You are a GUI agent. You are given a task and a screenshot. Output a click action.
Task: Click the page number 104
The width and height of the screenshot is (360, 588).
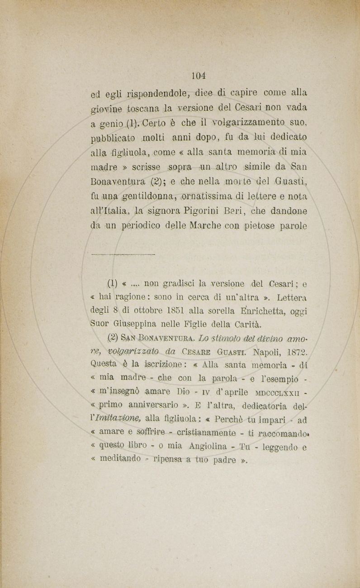(x=198, y=74)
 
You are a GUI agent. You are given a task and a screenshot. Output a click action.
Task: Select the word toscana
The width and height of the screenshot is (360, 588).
(x=133, y=109)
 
